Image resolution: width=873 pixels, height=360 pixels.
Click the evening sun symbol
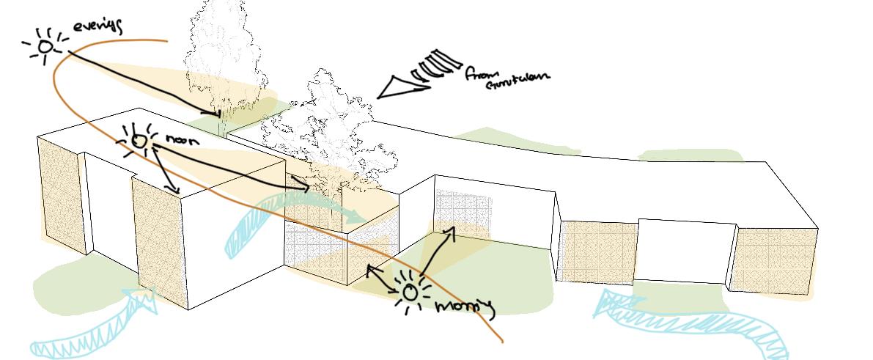[x=45, y=47]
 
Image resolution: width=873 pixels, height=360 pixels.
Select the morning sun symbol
[x=409, y=292]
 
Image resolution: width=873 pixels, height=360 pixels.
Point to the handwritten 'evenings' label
[x=97, y=27]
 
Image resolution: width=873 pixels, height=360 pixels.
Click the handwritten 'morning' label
[x=465, y=306]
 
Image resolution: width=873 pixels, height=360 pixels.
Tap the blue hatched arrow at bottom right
[x=682, y=323]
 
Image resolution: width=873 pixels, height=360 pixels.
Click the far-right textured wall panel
[x=776, y=260]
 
